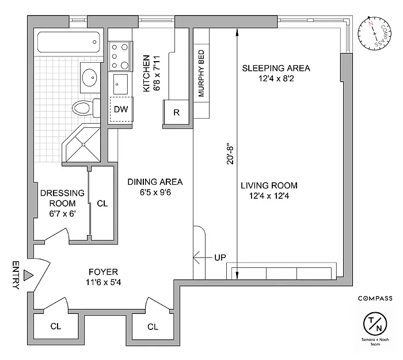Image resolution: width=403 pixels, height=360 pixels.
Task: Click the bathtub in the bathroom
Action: pos(69,43)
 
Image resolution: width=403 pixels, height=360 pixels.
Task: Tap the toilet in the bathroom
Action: pos(86,108)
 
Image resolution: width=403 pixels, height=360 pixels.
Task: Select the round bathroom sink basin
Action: pos(89,77)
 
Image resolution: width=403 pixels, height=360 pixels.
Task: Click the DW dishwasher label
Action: pos(121,109)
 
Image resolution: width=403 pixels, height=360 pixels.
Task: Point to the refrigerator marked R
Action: pos(176,112)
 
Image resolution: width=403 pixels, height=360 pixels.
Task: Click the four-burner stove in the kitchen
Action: pos(120,56)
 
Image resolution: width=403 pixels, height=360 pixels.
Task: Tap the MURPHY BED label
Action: pos(201,74)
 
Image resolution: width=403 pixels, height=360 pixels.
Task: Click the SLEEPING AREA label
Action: pos(276,68)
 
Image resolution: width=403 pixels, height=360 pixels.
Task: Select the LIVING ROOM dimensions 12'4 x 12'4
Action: pos(269,196)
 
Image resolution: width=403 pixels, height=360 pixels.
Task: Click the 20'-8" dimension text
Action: pos(230,155)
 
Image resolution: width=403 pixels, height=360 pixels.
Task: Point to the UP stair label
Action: pos(220,257)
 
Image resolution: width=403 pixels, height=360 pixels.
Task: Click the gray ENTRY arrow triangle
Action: pos(28,275)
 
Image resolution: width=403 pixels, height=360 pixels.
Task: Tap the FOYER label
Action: pos(103,272)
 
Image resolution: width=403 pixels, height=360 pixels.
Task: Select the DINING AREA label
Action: pos(155,182)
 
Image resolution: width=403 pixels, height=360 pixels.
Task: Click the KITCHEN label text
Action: pos(146,73)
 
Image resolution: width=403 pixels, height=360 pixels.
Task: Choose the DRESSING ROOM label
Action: pos(62,198)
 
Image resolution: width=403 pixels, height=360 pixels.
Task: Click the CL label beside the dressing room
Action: pos(102,204)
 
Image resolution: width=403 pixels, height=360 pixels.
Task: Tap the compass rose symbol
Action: pos(375,33)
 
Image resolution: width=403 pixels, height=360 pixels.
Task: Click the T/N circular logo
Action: pos(375,324)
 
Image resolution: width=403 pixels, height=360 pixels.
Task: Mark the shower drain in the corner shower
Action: pos(83,145)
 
